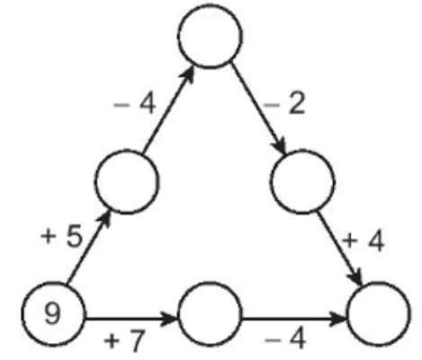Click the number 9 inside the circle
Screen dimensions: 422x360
pyautogui.click(x=52, y=313)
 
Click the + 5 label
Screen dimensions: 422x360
pyautogui.click(x=61, y=236)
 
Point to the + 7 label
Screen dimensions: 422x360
pyautogui.click(x=124, y=340)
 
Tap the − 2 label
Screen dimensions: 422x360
pyautogui.click(x=284, y=103)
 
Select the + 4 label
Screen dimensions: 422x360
pyautogui.click(x=364, y=242)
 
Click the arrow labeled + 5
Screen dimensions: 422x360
pyautogui.click(x=89, y=247)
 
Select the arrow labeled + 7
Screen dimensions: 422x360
pyautogui.click(x=132, y=318)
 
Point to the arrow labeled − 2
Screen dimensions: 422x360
pyautogui.click(x=258, y=109)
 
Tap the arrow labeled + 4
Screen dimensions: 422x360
pyautogui.click(x=339, y=249)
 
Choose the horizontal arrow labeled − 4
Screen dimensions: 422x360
pyautogui.click(x=294, y=319)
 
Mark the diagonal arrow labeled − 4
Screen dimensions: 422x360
pyautogui.click(x=168, y=109)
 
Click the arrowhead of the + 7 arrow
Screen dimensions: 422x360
pyautogui.click(x=168, y=318)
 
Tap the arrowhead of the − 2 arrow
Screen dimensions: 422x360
pyautogui.click(x=280, y=146)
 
